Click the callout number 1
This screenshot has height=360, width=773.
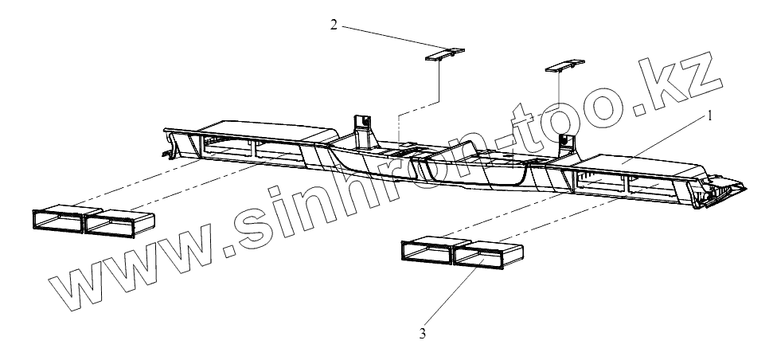pyautogui.click(x=709, y=115)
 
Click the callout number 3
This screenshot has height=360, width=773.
pyautogui.click(x=424, y=334)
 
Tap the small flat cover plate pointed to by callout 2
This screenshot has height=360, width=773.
pyautogui.click(x=443, y=54)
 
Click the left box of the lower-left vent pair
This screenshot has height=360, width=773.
pyautogui.click(x=58, y=221)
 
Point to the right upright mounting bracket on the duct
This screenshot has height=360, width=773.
pyautogui.click(x=566, y=142)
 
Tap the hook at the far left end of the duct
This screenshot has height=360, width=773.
pyautogui.click(x=168, y=147)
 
